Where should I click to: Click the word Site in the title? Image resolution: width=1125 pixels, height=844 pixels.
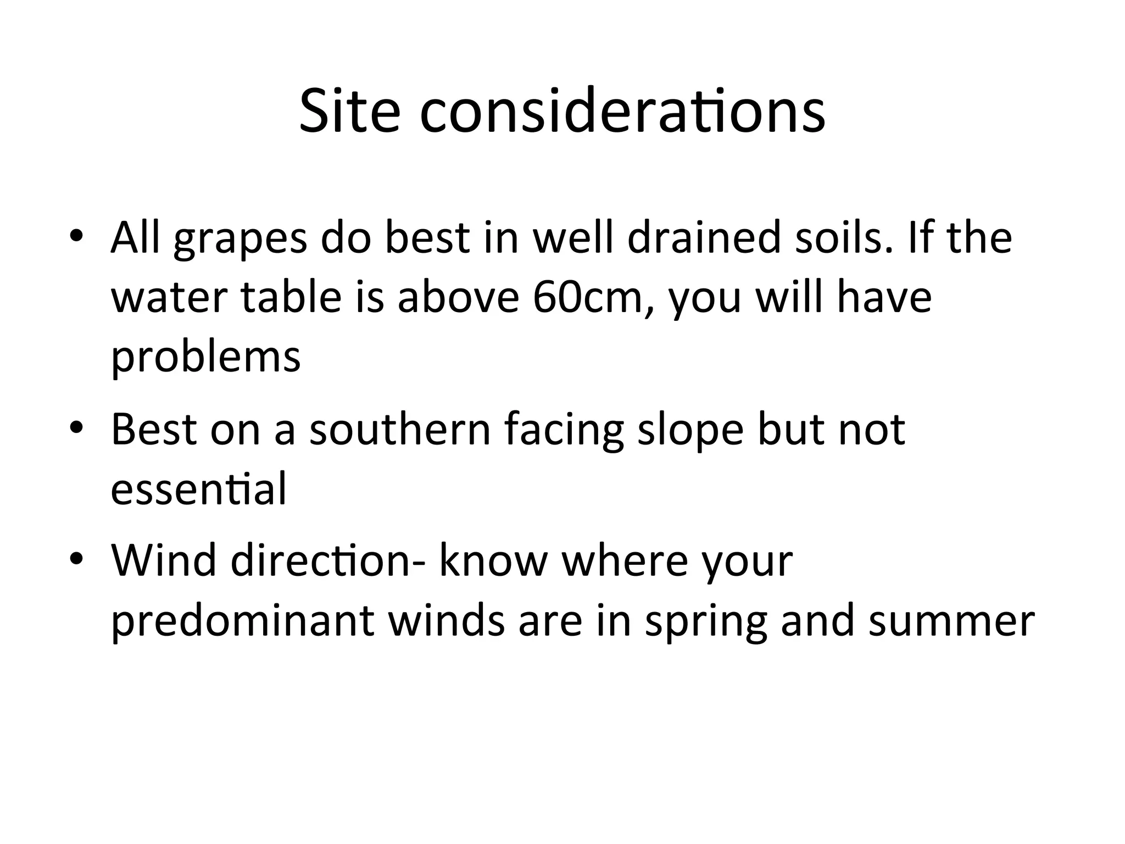(x=349, y=112)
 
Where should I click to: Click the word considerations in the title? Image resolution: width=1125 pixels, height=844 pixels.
(x=622, y=112)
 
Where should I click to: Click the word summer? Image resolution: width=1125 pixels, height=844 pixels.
(x=951, y=621)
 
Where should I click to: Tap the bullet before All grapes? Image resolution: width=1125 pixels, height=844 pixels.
(x=76, y=236)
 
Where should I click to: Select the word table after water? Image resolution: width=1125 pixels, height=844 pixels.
(x=291, y=298)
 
